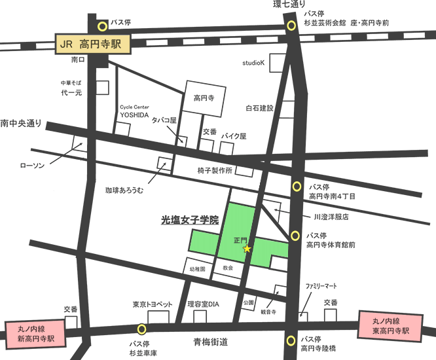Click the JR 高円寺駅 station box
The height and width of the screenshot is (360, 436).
point(92,45)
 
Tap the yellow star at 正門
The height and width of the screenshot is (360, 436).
point(247,249)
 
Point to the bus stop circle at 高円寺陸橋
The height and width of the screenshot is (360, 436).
point(291,340)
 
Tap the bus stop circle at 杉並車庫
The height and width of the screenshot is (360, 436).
point(141,329)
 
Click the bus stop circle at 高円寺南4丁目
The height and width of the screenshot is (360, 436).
point(297,187)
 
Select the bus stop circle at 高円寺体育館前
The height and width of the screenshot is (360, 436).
point(296,236)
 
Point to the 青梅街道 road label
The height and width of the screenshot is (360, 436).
point(210,342)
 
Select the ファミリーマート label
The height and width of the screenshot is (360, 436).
point(321,287)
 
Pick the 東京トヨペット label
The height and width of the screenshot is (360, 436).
point(152,304)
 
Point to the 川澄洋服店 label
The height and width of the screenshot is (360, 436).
point(331,216)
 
